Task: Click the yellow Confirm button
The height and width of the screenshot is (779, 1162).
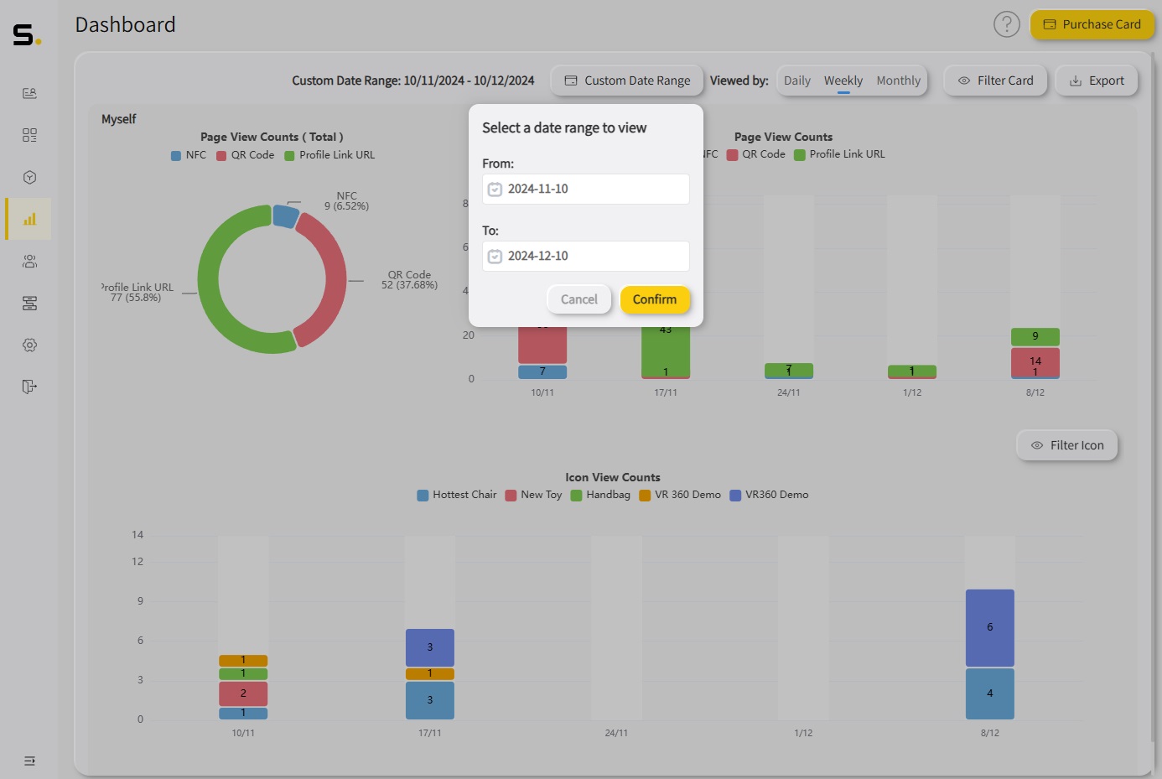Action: tap(654, 299)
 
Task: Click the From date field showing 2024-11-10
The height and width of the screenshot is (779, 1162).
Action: tap(586, 190)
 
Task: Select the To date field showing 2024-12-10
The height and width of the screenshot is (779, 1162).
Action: tap(586, 257)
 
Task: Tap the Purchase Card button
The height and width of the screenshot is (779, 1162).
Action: tap(1092, 24)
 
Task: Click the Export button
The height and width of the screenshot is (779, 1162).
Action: tap(1096, 80)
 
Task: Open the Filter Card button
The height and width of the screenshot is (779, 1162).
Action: tap(995, 80)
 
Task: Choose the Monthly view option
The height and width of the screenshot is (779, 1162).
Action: tap(898, 80)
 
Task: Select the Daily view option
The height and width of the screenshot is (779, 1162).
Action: tap(796, 80)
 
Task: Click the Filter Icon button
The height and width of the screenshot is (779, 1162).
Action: tap(1066, 445)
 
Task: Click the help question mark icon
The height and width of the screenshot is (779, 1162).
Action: tap(1006, 24)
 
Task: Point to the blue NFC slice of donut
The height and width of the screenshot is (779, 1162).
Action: tap(285, 216)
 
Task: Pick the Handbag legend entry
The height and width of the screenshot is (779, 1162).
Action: tap(600, 495)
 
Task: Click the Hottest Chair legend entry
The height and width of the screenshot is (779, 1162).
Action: tap(457, 495)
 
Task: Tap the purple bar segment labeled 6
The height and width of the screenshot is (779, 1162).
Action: tap(989, 627)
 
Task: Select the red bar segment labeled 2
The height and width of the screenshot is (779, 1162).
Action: tap(243, 693)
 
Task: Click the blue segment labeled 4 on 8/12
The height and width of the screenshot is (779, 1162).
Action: tap(989, 693)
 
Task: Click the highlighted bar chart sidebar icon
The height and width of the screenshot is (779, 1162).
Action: tap(29, 220)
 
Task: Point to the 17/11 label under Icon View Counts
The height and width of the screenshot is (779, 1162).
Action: tap(429, 733)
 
